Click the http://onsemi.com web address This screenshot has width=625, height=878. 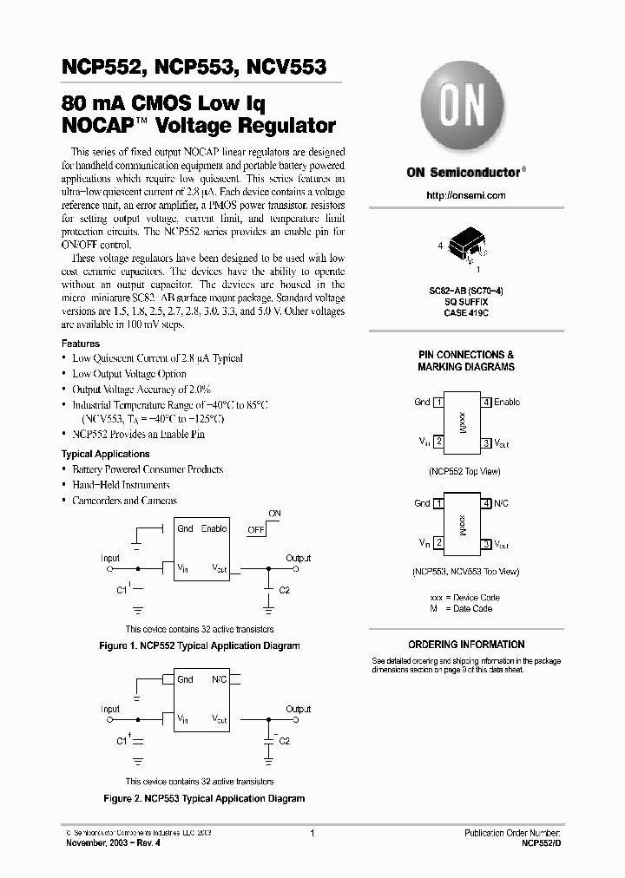coord(465,196)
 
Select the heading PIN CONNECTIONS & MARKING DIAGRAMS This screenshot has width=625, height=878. coord(465,361)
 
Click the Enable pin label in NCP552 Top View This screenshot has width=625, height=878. coord(507,403)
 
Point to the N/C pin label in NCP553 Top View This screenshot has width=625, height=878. coord(502,503)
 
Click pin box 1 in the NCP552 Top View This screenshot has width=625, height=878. coord(439,403)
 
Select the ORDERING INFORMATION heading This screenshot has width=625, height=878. coord(466,645)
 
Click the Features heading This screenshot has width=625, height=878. coord(80,344)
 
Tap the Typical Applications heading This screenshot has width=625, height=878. coord(105,454)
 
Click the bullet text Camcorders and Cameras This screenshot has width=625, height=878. coord(124,501)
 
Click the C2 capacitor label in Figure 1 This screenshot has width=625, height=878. coord(285,590)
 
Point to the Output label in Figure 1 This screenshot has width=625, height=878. coord(299,558)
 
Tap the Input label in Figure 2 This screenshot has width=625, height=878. coord(110,710)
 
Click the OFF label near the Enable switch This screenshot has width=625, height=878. coord(256,528)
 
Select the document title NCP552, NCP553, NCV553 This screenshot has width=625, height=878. coord(194,66)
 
